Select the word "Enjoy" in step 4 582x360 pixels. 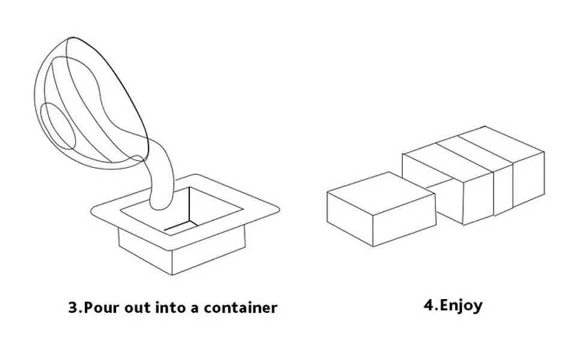(x=461, y=306)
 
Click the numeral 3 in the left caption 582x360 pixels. (x=73, y=308)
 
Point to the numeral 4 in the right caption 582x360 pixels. (x=429, y=305)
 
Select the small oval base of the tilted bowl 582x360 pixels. (x=58, y=126)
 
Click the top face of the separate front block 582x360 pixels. (x=381, y=193)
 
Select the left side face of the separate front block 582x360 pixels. (x=350, y=219)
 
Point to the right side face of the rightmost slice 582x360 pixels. (x=529, y=179)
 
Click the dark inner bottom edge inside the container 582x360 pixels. (x=181, y=226)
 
